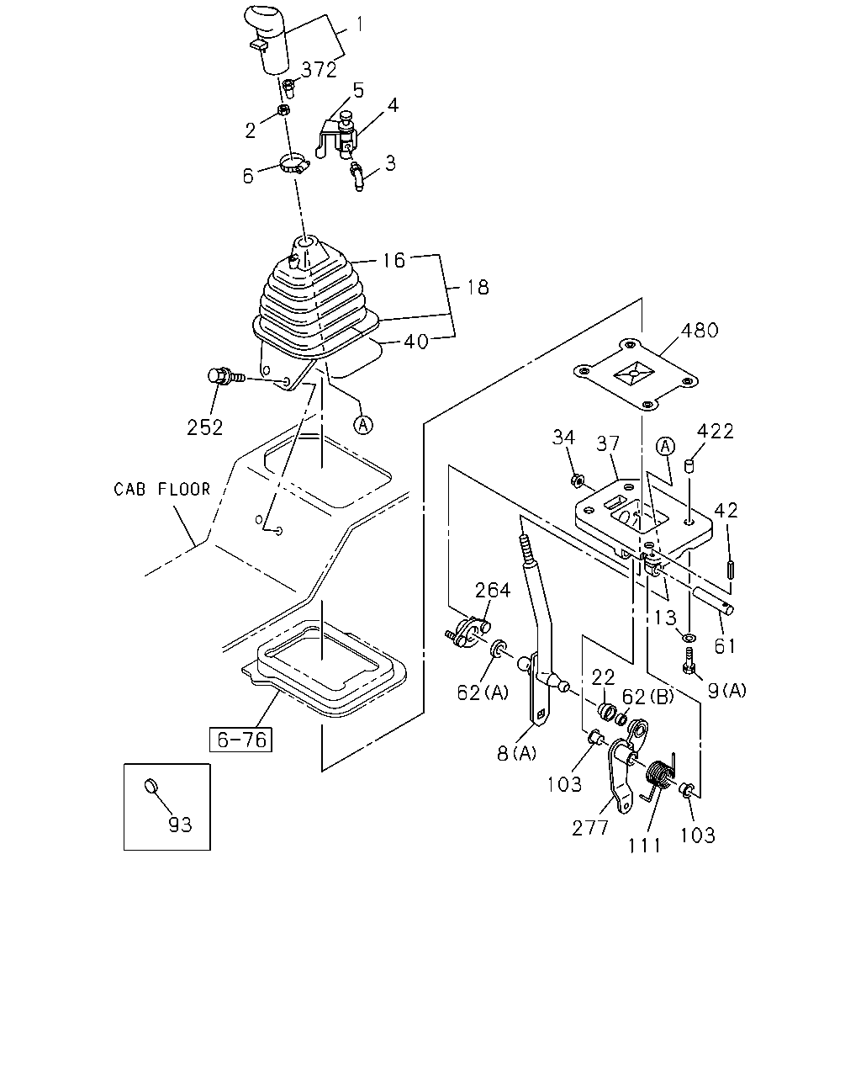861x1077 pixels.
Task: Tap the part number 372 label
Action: tap(320, 70)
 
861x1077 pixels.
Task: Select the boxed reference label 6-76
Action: tap(240, 740)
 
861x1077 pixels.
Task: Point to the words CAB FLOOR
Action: tap(162, 489)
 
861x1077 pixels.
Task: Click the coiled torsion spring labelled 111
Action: tap(659, 779)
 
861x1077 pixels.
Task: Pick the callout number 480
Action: tap(700, 331)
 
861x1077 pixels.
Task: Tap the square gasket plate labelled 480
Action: tap(636, 375)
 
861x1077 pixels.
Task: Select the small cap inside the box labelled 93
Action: tap(151, 786)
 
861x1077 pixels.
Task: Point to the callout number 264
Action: tap(493, 591)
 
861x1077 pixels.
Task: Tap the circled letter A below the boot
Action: tap(362, 425)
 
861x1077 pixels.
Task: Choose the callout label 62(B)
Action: tap(648, 697)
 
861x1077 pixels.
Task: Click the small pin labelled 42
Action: tap(731, 570)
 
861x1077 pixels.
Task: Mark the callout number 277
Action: tap(590, 828)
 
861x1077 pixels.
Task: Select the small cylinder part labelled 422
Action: tap(689, 466)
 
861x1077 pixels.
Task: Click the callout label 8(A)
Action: tap(515, 753)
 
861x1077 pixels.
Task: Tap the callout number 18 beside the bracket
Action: tap(478, 287)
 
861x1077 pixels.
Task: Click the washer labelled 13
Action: tap(689, 638)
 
